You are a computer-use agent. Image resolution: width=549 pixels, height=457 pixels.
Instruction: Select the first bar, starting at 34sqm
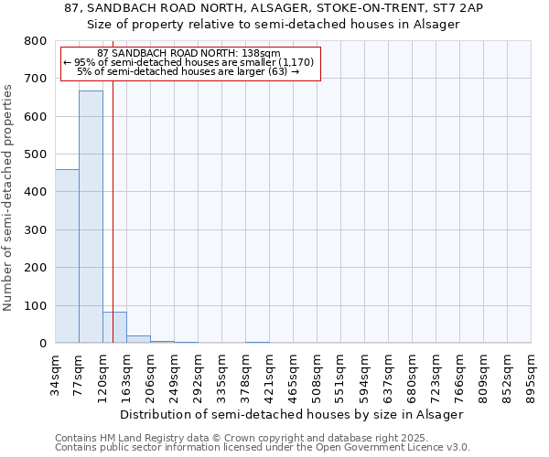coord(67,256)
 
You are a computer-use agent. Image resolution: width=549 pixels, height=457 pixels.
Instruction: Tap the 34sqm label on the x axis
coord(56,374)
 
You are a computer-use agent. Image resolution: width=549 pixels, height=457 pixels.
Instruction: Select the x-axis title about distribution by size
coord(292,414)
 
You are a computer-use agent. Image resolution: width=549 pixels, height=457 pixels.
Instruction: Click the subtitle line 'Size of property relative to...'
coord(274,24)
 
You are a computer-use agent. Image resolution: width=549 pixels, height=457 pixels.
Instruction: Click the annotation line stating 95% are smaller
coord(188,62)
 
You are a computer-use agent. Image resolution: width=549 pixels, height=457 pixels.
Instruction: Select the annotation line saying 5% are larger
coord(188,71)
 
